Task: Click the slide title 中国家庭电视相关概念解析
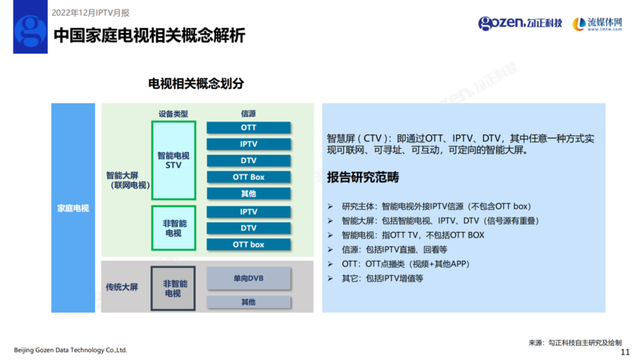tap(148, 36)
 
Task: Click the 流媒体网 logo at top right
tap(599, 24)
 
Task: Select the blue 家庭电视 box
tap(73, 208)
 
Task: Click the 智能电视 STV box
tap(174, 160)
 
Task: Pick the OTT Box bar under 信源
tap(248, 177)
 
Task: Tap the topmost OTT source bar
tap(248, 128)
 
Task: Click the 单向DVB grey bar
tap(248, 278)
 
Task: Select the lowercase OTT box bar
tap(248, 245)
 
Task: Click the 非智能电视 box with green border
tap(174, 228)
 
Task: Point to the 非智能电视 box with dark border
tap(174, 288)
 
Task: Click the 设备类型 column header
tap(173, 114)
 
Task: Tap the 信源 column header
tap(248, 114)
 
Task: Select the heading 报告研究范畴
tap(362, 177)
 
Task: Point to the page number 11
tap(625, 351)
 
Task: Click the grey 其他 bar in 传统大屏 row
tap(248, 302)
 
